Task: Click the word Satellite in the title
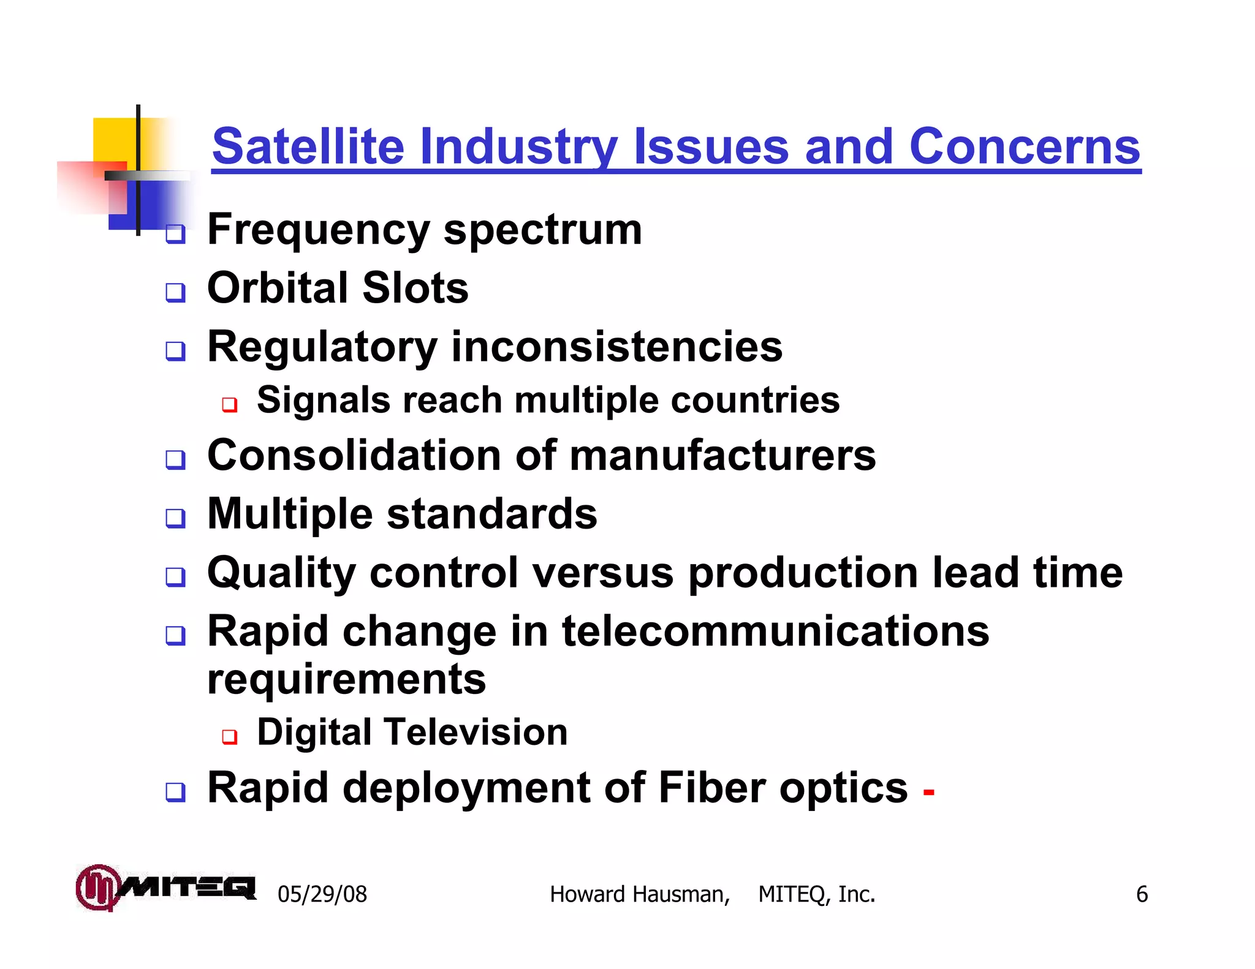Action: pos(308,147)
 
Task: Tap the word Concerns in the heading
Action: pos(1025,147)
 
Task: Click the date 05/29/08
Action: pos(322,894)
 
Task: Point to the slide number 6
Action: pos(1142,894)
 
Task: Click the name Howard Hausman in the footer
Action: pos(639,894)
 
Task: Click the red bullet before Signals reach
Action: pos(230,404)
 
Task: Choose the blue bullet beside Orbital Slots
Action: pos(176,292)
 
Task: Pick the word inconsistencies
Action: pos(617,347)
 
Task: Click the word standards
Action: pos(492,514)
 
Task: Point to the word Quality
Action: pos(282,573)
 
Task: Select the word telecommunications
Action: pos(775,631)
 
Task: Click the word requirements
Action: pos(347,680)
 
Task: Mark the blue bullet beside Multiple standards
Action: pos(176,518)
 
